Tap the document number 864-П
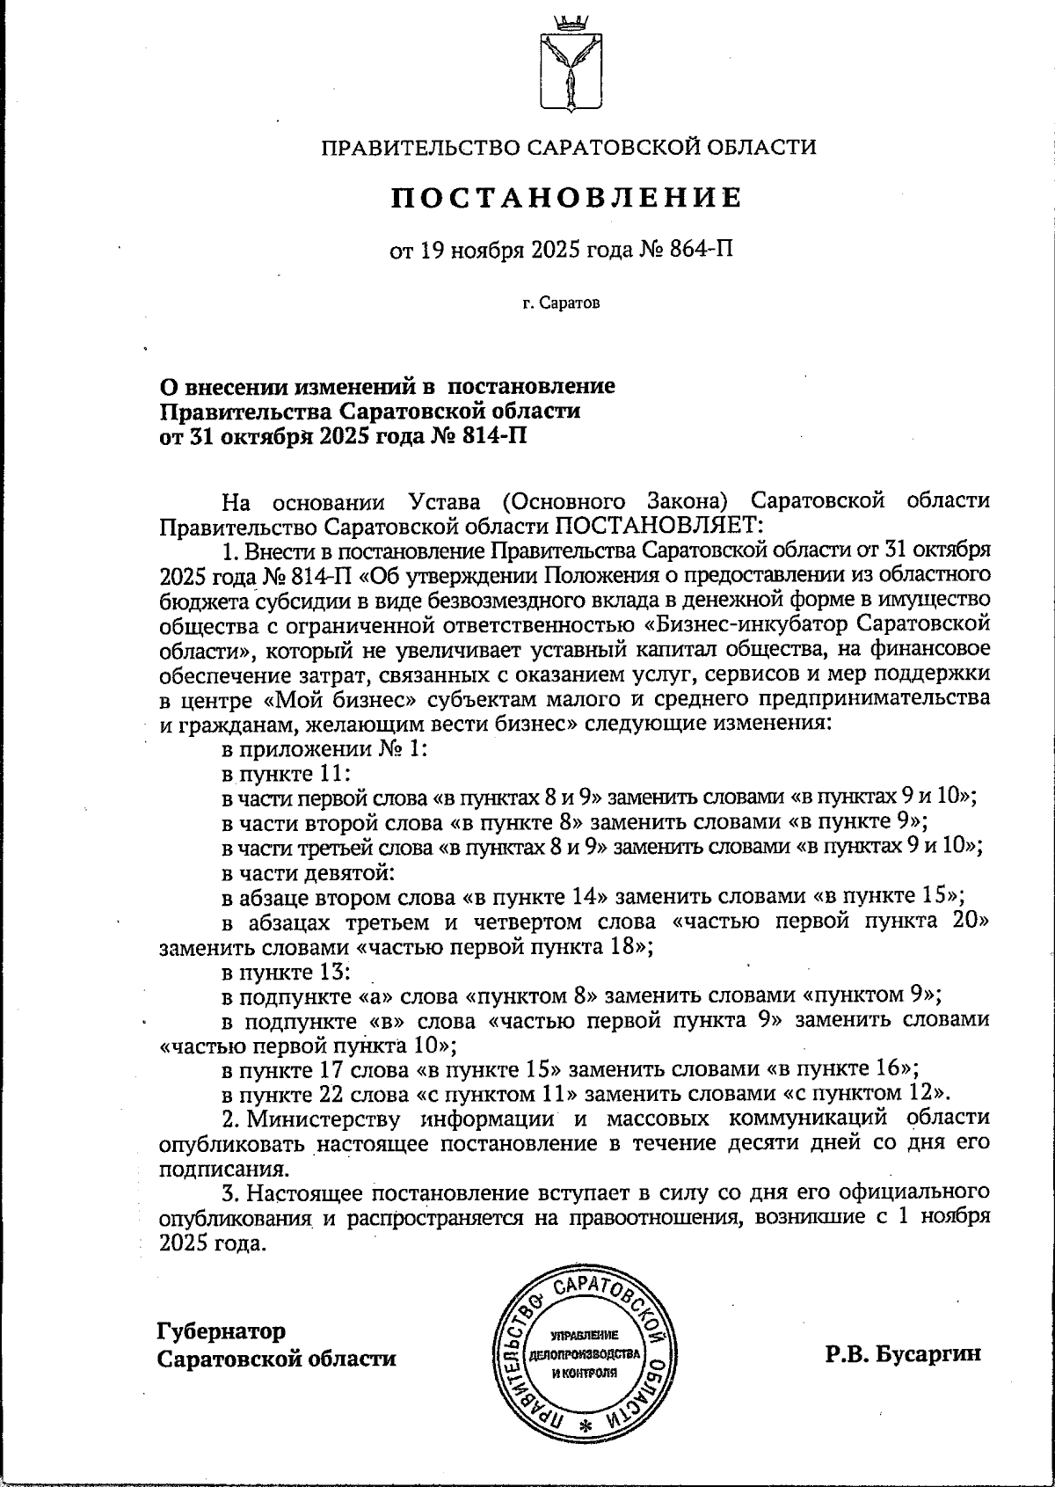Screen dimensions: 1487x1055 702,251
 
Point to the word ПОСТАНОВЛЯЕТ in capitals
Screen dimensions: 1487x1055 658,526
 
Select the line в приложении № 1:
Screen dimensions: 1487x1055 324,749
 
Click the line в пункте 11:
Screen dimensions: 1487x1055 286,773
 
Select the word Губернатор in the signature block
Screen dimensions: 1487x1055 222,1330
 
